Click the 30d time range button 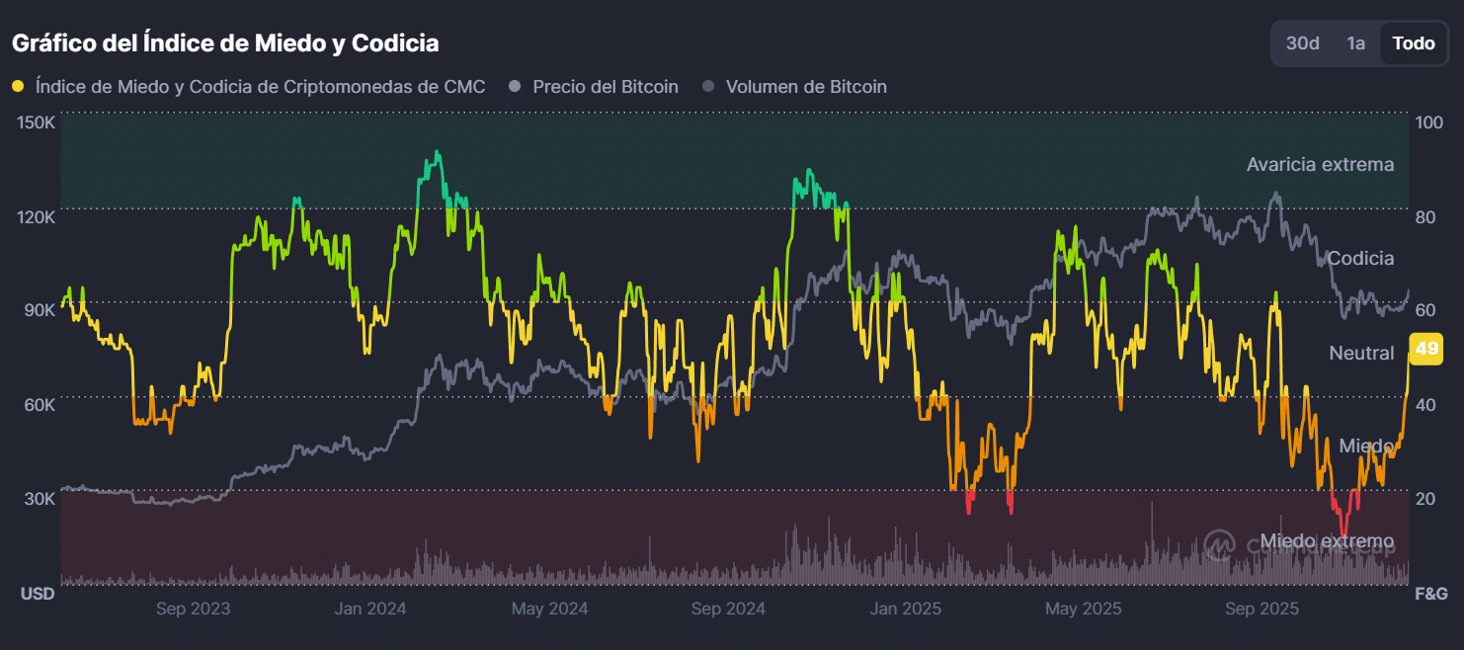point(1303,43)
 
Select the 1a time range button point(1356,43)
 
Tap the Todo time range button point(1413,43)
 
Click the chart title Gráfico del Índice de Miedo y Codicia point(225,43)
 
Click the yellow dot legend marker point(18,87)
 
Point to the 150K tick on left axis point(37,122)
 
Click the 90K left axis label point(40,310)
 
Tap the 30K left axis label point(40,499)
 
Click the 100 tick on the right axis point(1428,122)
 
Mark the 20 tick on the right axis point(1424,499)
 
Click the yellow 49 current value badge point(1426,349)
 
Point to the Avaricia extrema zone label point(1320,164)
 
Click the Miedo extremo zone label point(1327,541)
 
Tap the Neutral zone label point(1361,353)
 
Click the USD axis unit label point(38,594)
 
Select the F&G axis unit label point(1431,594)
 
